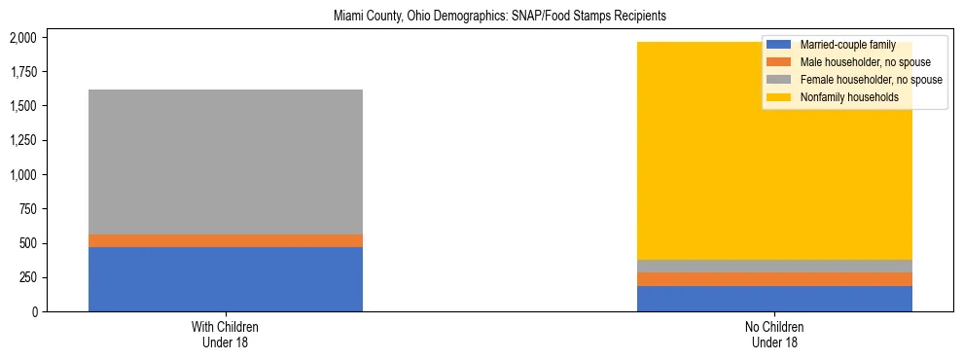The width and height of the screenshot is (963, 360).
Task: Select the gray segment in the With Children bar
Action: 226,162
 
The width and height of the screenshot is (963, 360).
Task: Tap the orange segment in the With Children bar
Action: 226,240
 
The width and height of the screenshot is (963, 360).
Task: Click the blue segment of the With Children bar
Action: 226,279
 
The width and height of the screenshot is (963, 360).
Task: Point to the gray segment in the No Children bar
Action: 774,266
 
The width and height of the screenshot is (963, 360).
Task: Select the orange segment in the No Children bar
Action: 774,279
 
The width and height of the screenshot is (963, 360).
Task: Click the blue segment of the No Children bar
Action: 774,299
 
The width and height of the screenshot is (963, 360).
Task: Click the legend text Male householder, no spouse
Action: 857,62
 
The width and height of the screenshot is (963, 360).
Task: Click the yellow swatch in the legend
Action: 779,97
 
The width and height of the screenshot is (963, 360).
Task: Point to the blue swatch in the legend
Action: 779,45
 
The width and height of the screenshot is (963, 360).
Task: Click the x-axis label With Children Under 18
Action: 226,335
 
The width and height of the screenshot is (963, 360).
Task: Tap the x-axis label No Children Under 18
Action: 774,335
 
